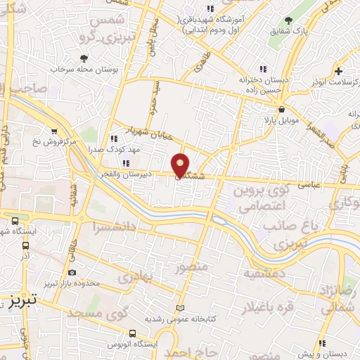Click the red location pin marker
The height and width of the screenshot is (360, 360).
[180, 165]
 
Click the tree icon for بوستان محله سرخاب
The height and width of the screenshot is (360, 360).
[84, 58]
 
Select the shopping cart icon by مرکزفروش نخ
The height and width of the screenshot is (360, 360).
[55, 131]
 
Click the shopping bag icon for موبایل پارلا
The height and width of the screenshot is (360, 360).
[281, 110]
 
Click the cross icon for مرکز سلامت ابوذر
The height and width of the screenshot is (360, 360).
[339, 71]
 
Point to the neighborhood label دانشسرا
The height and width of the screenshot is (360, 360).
[112, 226]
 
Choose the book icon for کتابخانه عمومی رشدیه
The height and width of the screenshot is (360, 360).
[181, 309]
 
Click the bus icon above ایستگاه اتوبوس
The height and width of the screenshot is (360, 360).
[131, 333]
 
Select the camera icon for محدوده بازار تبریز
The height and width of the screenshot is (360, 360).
[72, 272]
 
